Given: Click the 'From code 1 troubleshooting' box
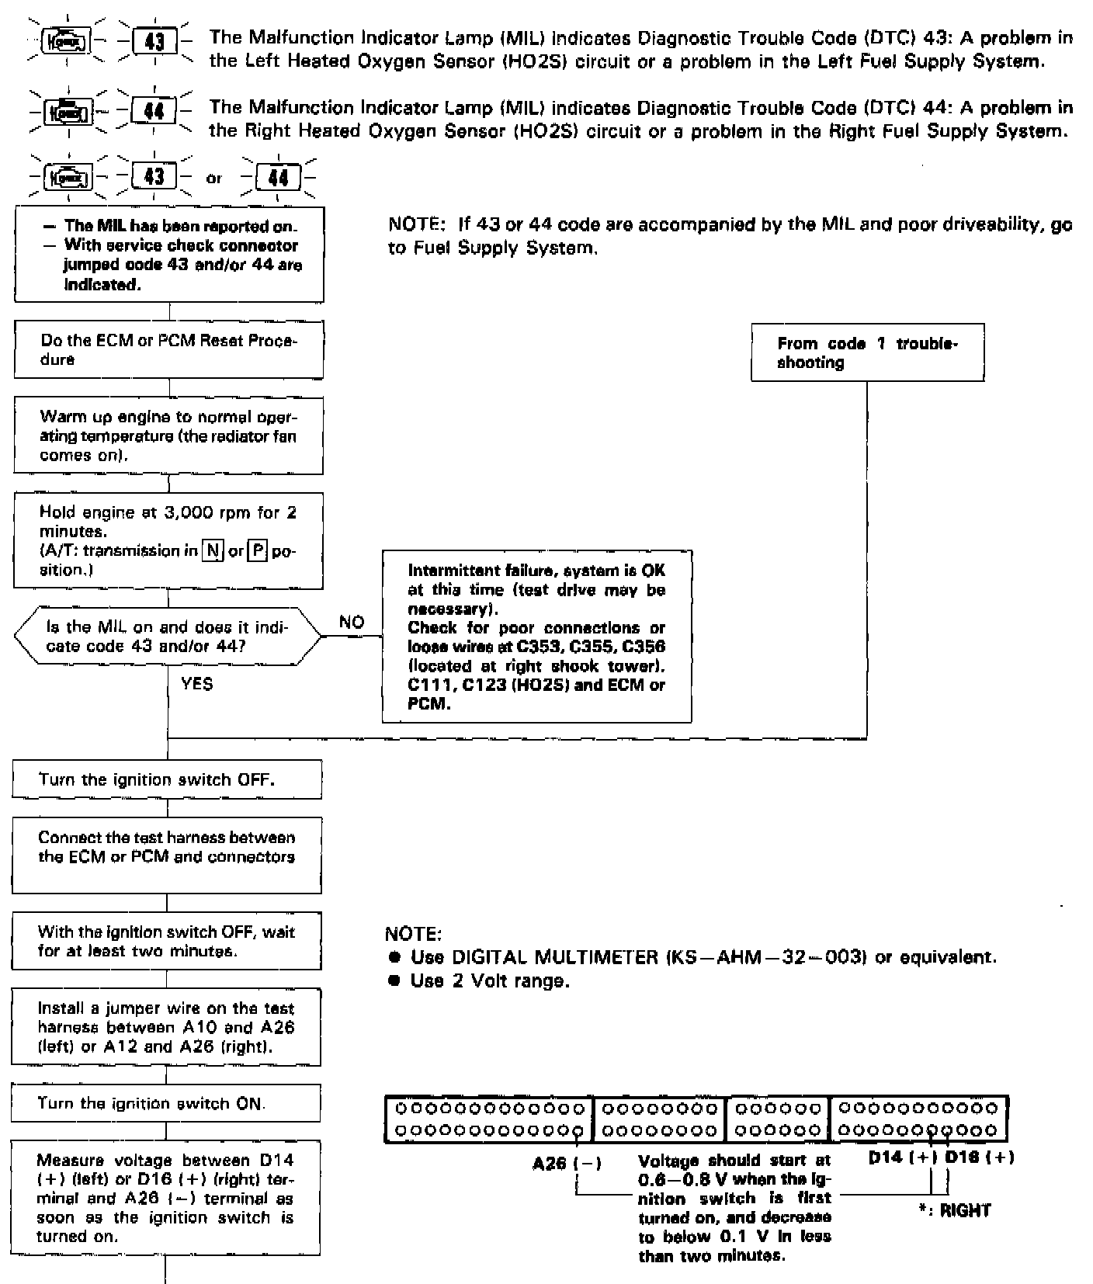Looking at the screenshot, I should [867, 352].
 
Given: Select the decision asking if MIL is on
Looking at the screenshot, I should [167, 637].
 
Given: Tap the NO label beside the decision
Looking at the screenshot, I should [352, 622].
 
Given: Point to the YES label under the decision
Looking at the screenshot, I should [196, 684].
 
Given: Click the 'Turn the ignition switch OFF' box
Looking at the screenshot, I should [167, 779].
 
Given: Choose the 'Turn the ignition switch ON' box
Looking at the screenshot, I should [165, 1103].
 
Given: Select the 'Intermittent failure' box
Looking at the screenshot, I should [536, 637].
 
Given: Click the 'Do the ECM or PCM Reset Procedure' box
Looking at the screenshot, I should [168, 349].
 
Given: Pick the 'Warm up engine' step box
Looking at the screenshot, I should [168, 436].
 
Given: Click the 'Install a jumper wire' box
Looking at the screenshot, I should [166, 1027].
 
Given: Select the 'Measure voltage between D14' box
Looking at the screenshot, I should [165, 1198].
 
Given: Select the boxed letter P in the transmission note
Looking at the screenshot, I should [257, 551].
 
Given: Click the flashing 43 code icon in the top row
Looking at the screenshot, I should [154, 40].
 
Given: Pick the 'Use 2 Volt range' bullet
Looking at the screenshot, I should [489, 981].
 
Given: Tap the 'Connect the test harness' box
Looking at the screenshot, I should [166, 855].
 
